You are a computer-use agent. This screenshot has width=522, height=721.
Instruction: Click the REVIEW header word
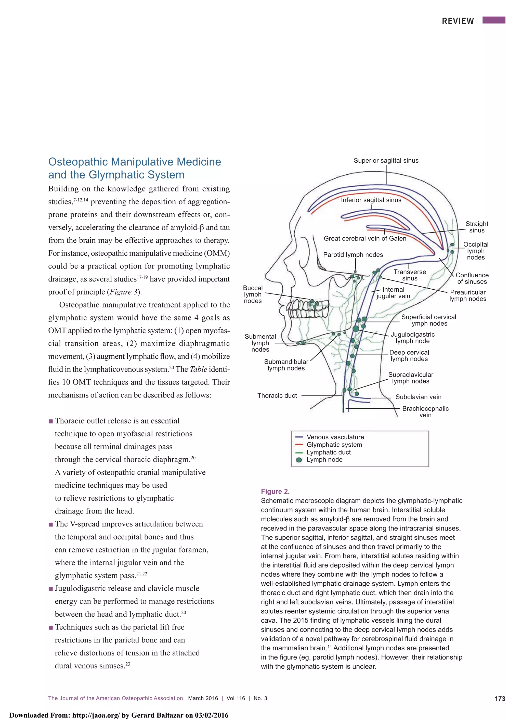[458, 21]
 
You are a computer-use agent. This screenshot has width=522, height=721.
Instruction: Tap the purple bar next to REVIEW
[493, 20]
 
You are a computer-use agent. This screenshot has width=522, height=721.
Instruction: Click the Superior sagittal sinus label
[386, 161]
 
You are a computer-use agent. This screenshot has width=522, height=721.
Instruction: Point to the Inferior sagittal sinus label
[371, 200]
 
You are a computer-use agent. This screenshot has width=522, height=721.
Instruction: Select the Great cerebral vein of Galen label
[365, 238]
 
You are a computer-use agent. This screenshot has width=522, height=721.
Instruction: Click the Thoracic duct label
[277, 395]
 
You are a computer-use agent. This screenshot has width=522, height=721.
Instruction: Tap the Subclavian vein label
[418, 397]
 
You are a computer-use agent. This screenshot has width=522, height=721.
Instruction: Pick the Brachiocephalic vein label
[425, 412]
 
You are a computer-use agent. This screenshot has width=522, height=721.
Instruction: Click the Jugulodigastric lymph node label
[412, 338]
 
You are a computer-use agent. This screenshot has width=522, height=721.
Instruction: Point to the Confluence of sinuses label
[472, 278]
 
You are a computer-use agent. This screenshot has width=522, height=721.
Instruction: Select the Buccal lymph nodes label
[253, 294]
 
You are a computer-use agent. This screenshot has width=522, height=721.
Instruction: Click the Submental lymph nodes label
[260, 343]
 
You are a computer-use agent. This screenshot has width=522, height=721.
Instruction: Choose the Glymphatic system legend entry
[334, 444]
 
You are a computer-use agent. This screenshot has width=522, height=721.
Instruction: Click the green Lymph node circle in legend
[299, 460]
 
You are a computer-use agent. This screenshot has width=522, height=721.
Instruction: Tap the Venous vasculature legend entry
[335, 437]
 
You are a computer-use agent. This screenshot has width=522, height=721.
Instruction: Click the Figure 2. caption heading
[275, 492]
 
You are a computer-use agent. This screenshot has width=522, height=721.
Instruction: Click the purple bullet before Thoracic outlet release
[50, 421]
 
